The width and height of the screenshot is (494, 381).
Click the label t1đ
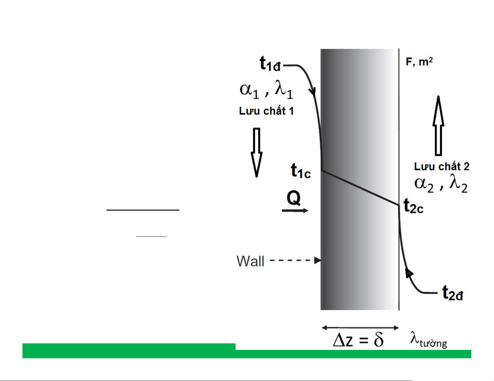270,64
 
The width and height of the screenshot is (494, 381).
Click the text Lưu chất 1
266,111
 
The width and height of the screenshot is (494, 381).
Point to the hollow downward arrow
257,152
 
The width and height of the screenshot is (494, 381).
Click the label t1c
301,171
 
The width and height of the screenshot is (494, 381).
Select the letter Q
294,198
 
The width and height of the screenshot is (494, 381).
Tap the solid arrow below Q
295,211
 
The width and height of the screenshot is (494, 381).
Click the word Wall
250,261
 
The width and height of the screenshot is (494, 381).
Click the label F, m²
419,62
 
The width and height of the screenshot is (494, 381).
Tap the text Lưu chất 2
442,167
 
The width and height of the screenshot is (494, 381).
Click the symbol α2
424,184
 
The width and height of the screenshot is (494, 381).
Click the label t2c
414,206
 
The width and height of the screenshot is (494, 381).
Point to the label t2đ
453,293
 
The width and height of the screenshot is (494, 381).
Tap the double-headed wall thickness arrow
360,328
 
